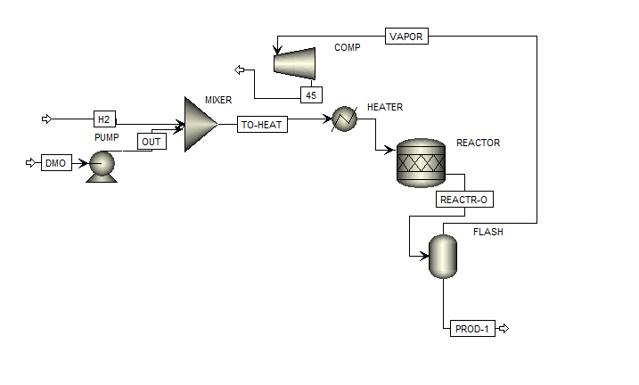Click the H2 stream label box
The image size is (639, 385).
(104, 119)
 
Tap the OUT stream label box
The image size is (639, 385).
(152, 141)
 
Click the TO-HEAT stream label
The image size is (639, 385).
(262, 125)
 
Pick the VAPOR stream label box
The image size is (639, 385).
(407, 37)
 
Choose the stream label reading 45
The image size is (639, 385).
(311, 94)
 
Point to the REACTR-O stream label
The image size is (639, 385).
(463, 200)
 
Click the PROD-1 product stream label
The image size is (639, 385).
(472, 329)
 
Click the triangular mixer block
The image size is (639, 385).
(199, 125)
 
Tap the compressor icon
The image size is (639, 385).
(295, 61)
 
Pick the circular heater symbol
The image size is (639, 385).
(344, 119)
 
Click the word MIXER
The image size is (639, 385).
(218, 101)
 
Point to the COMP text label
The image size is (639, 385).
(348, 47)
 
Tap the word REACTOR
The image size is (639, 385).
(478, 143)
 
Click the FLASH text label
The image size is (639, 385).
(487, 232)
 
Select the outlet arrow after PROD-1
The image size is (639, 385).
(504, 329)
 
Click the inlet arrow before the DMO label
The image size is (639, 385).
(30, 162)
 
